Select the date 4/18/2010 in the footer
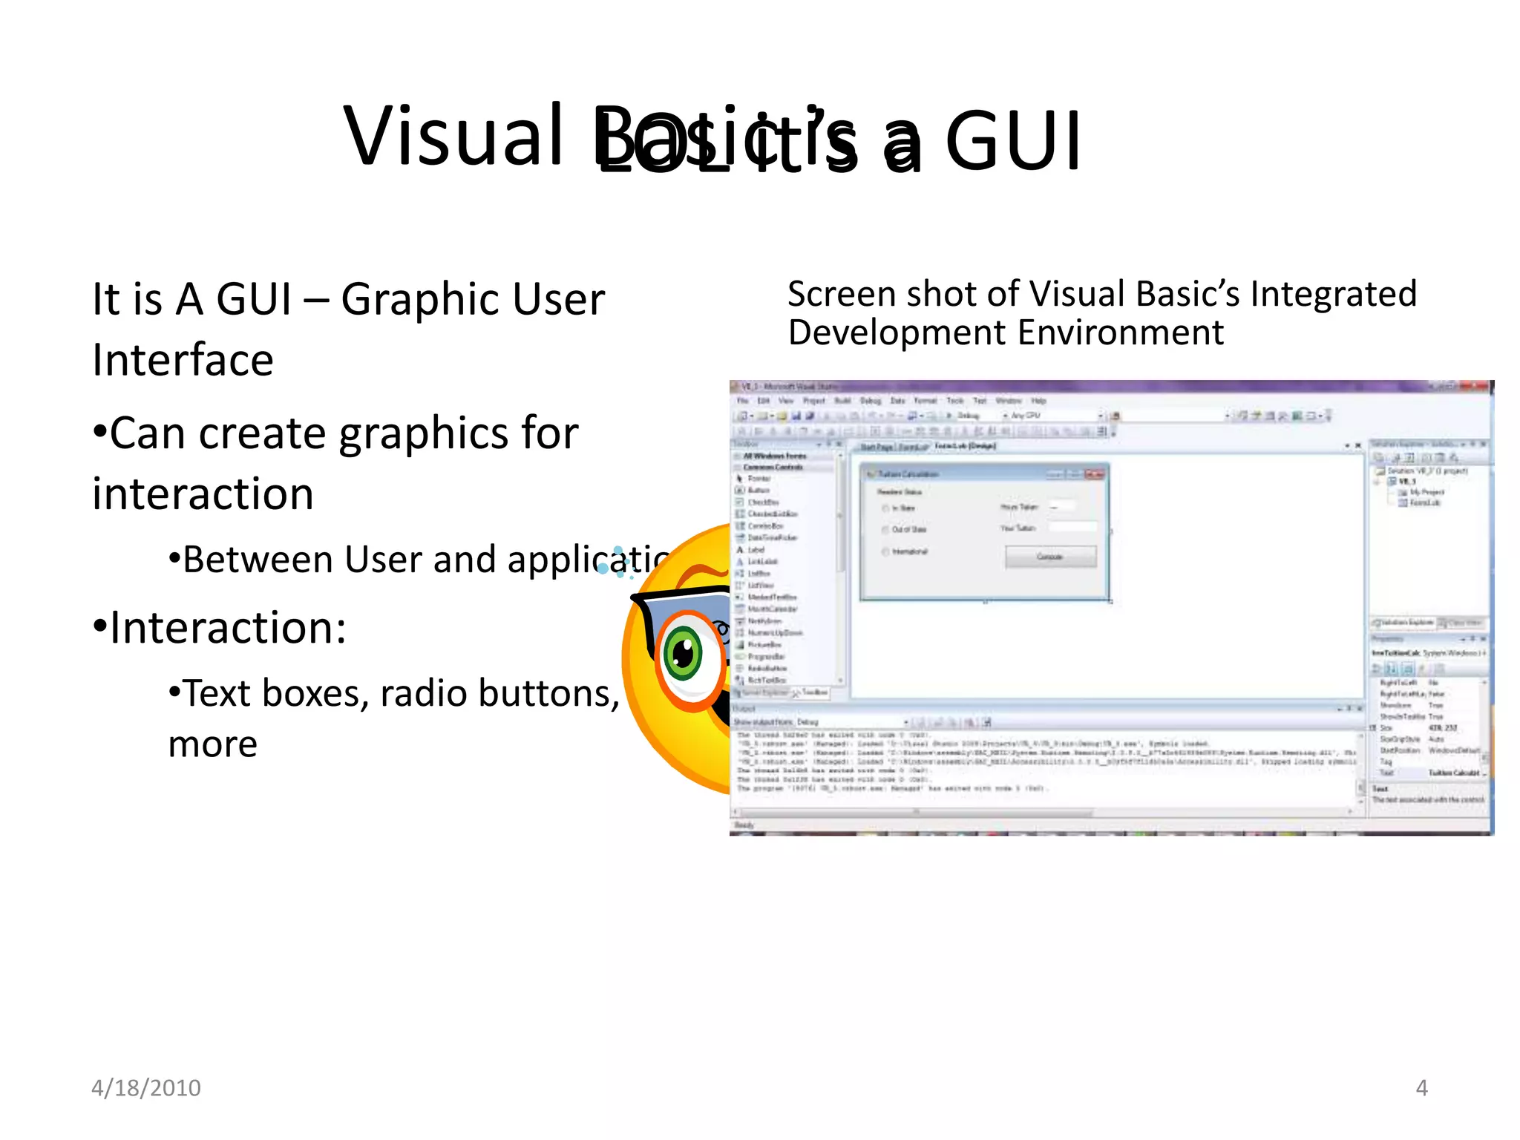(146, 1088)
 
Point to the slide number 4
(1421, 1088)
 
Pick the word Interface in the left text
(183, 361)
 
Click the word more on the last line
(213, 744)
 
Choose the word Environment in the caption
(1121, 333)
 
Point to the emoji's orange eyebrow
(701, 573)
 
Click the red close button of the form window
(1095, 474)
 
